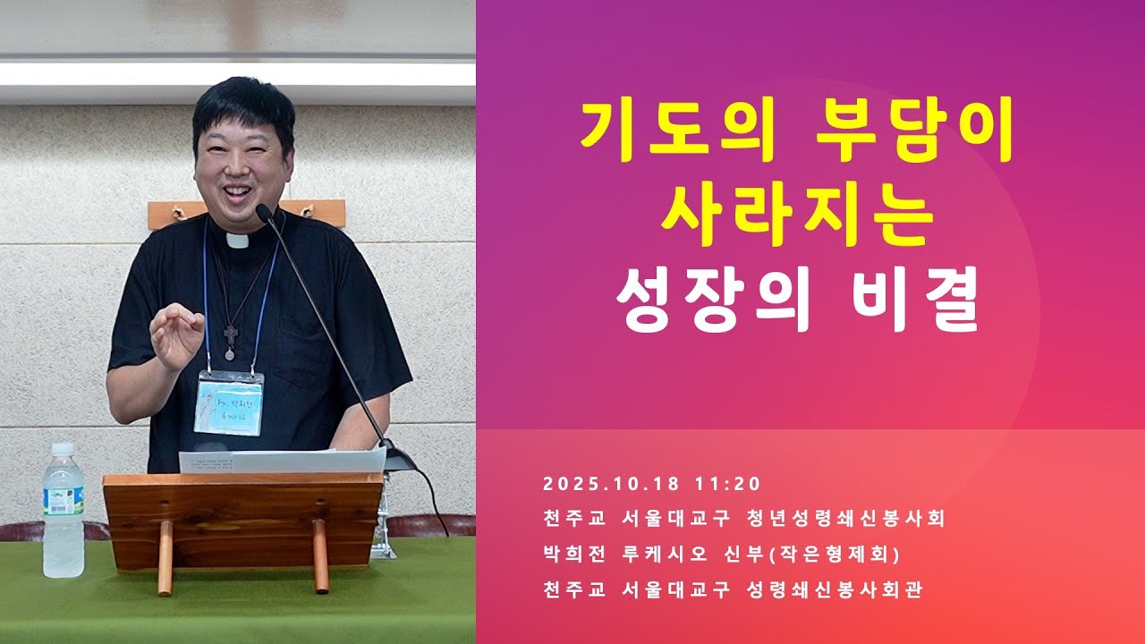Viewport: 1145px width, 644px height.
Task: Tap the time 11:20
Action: [x=726, y=484]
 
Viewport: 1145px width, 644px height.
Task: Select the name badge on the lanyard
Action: [x=229, y=404]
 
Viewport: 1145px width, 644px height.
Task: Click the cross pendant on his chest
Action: [x=231, y=337]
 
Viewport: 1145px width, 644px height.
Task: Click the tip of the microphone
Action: [x=263, y=212]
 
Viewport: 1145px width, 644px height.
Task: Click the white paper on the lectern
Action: [x=282, y=460]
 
